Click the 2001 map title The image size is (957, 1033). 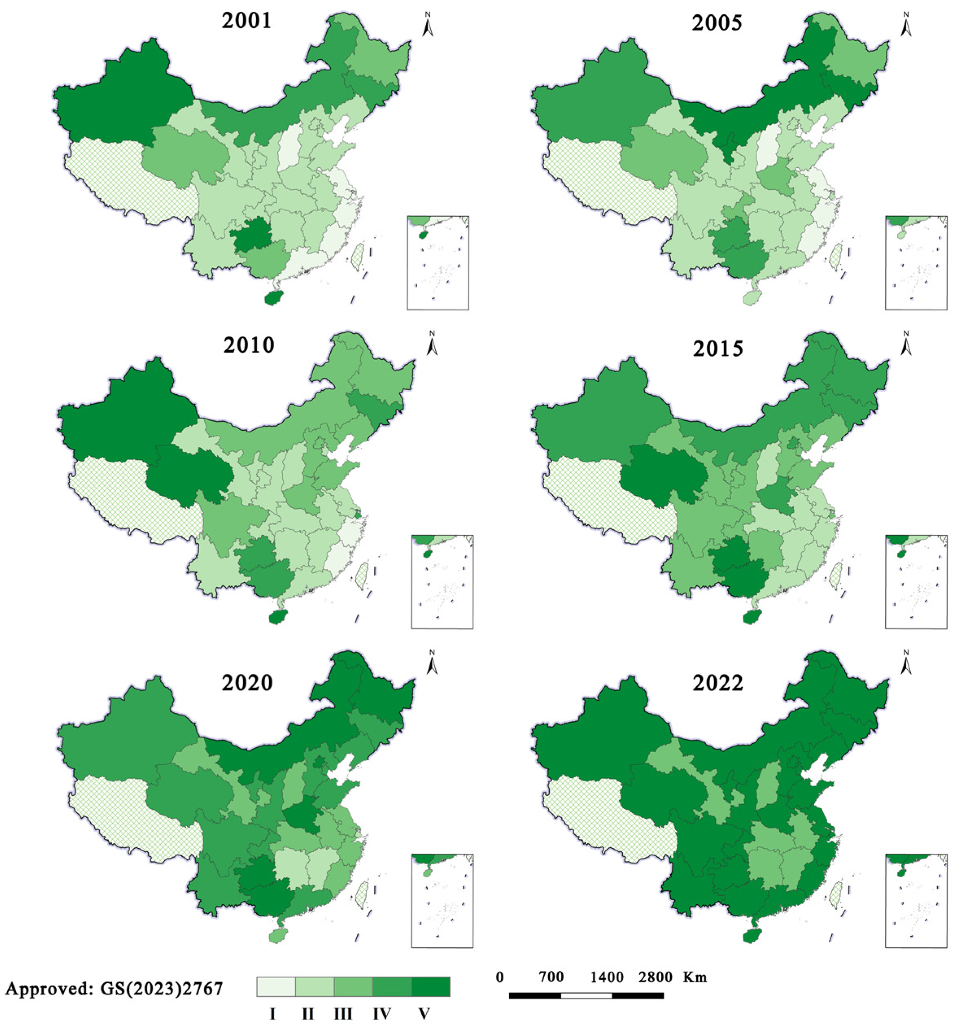coord(246,21)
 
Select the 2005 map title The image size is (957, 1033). coord(717,23)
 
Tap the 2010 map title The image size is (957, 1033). coord(249,345)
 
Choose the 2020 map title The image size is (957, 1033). coord(247,683)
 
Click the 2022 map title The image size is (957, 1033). coord(718,683)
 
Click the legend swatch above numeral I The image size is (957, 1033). coord(276,986)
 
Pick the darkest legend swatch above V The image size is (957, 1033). coord(430,986)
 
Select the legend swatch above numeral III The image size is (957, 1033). coord(353,986)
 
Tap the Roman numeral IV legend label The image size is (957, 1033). coord(381,1013)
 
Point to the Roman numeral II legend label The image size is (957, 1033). coord(307,1013)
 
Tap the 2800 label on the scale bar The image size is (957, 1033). coord(655,977)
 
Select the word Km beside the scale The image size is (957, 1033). coord(694,977)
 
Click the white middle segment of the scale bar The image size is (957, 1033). coord(586,995)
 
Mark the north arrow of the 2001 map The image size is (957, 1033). coord(428,25)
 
